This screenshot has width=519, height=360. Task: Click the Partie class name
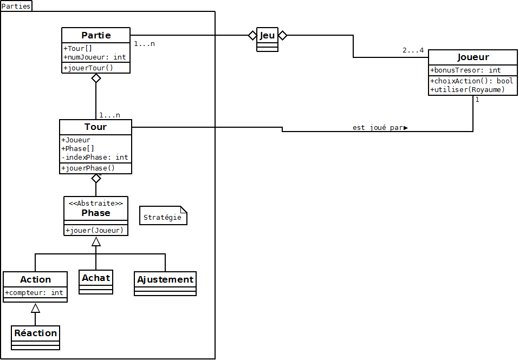tap(96, 36)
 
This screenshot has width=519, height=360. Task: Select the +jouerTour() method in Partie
tap(88, 68)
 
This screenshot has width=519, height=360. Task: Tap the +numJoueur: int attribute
tap(95, 57)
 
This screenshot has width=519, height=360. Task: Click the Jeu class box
tap(267, 40)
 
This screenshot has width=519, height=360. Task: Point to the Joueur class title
tap(473, 57)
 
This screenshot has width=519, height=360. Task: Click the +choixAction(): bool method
tap(472, 81)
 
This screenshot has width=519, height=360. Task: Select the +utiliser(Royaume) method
tap(468, 89)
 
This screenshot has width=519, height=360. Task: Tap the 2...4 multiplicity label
tap(413, 50)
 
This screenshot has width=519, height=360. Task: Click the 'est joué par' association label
tap(379, 128)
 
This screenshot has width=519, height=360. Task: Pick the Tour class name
tap(95, 127)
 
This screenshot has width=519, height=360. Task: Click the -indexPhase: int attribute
tap(95, 157)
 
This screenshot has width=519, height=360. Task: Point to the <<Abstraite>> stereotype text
tap(96, 203)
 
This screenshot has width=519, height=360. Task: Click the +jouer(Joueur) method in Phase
tap(95, 230)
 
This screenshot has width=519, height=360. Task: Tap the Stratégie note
tap(163, 218)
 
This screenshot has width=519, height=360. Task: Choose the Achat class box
tap(96, 282)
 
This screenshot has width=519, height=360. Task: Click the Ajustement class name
tap(165, 280)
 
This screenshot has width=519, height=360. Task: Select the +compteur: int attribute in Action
tap(35, 292)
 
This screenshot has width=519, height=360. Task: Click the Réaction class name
tap(36, 333)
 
